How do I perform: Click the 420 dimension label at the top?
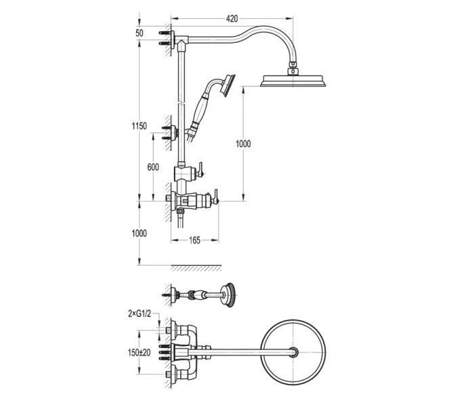[x=232, y=19]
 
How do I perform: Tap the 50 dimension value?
[x=139, y=33]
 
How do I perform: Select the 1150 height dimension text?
[x=139, y=126]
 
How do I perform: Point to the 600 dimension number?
[x=153, y=167]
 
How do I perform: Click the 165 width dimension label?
[x=195, y=240]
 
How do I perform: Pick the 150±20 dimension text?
[x=139, y=353]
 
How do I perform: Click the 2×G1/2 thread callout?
[x=139, y=314]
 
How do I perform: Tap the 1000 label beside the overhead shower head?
[x=243, y=144]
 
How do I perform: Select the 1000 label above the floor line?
[x=139, y=233]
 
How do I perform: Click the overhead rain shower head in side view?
[x=293, y=81]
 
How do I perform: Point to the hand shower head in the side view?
[x=228, y=85]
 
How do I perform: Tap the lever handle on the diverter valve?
[x=200, y=170]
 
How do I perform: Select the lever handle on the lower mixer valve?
[x=216, y=197]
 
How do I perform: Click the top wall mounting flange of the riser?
[x=173, y=40]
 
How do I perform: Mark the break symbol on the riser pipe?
[x=181, y=103]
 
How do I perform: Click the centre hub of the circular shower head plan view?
[x=293, y=352]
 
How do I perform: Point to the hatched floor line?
[x=196, y=268]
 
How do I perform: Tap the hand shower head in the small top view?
[x=228, y=295]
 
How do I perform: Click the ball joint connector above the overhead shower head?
[x=292, y=71]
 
